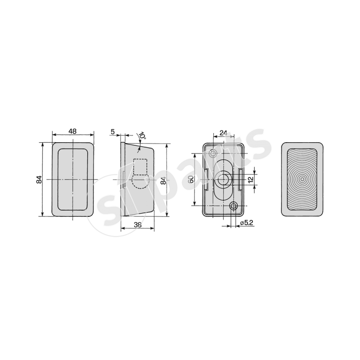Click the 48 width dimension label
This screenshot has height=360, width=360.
[72, 131]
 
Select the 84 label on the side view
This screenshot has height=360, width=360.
[164, 181]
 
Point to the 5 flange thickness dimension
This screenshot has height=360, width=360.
[112, 131]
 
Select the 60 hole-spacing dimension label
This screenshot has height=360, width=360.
[191, 179]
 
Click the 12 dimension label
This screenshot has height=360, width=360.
[251, 179]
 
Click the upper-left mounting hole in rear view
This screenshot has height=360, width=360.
[211, 149]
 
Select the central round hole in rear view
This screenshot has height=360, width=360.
[222, 179]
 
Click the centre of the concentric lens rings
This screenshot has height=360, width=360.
[302, 179]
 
